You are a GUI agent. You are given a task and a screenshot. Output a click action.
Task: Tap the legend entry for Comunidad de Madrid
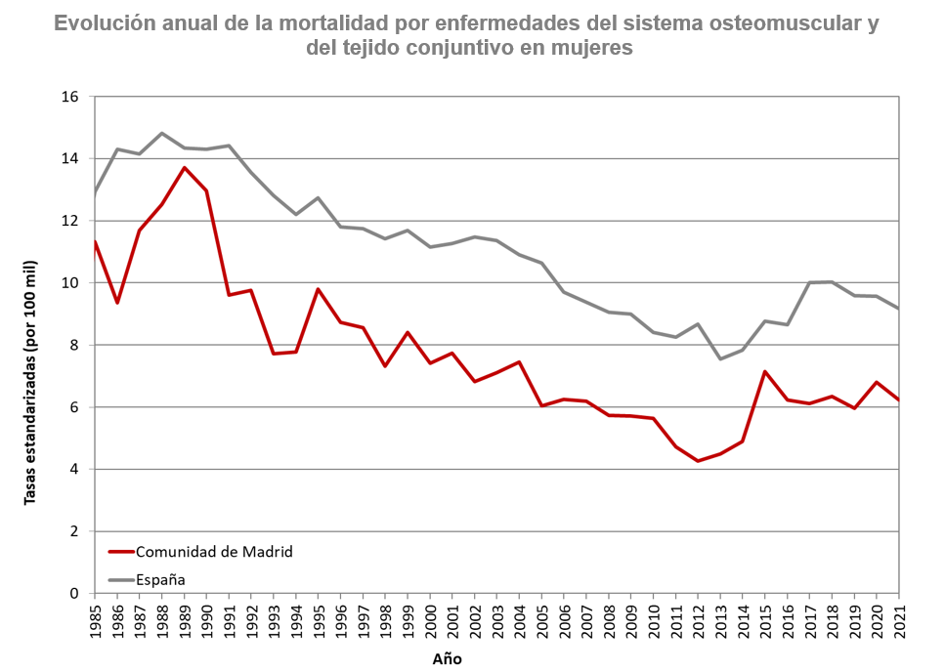click(214, 552)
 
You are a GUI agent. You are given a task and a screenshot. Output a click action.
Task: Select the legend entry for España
click(160, 579)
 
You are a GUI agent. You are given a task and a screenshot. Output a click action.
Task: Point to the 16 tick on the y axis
click(69, 97)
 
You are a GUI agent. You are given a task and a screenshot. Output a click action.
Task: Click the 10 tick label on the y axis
click(69, 283)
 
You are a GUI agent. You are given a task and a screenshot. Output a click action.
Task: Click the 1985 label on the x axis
click(95, 621)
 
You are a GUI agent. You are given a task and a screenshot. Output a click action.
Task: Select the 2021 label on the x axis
click(899, 621)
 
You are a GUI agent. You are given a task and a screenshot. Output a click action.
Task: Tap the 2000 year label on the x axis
click(430, 621)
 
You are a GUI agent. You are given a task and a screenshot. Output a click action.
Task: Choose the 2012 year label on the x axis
click(698, 621)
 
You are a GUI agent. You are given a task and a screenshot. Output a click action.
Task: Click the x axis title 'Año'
click(448, 658)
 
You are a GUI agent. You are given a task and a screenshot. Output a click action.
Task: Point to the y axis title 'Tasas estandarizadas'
click(30, 383)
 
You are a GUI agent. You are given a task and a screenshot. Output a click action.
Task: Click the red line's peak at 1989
click(184, 167)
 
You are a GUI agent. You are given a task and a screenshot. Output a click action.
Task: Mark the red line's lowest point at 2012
click(698, 461)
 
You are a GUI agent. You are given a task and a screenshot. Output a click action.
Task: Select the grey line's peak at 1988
click(162, 133)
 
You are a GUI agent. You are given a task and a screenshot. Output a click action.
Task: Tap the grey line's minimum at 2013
click(720, 359)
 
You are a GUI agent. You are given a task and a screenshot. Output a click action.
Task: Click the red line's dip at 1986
click(117, 303)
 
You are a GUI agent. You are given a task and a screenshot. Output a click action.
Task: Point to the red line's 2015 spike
click(765, 371)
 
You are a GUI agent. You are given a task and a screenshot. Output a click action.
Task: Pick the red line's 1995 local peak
click(319, 289)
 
